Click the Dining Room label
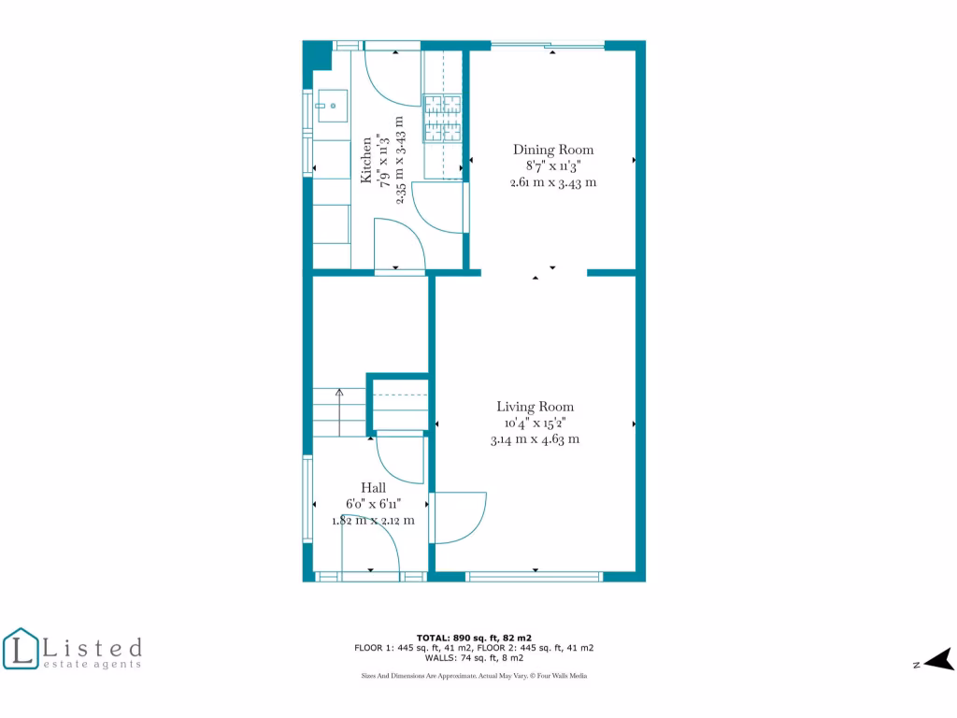tap(553, 150)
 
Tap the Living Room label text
tap(535, 407)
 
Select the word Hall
tap(374, 488)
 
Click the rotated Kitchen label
tap(367, 160)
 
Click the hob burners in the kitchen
tap(445, 120)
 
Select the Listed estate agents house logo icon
tap(21, 649)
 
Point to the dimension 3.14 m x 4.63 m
tap(535, 439)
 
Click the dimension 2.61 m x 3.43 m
tap(553, 183)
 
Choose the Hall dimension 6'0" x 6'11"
tap(374, 504)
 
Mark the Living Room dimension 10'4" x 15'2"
tap(535, 423)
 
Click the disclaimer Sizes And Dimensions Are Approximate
tap(474, 675)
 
